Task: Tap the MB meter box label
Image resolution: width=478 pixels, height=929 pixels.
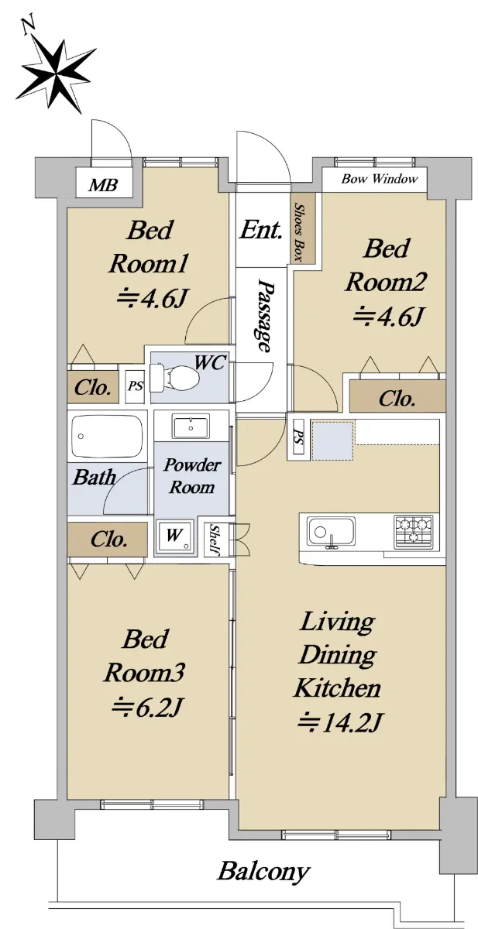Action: [x=103, y=184]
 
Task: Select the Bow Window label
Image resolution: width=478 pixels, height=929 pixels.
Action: [x=380, y=179]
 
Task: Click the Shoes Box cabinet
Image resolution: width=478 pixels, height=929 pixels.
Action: [x=302, y=232]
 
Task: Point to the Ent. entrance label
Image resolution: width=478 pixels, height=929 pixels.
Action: [x=261, y=229]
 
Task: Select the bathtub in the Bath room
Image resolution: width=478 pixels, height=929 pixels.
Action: [x=107, y=437]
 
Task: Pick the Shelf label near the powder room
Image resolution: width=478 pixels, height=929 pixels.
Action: [x=215, y=540]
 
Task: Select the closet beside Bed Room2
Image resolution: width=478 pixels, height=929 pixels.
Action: [x=397, y=397]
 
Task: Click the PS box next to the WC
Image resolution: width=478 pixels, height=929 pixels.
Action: [x=136, y=386]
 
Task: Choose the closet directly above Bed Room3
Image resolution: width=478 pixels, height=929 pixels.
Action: [x=108, y=539]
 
